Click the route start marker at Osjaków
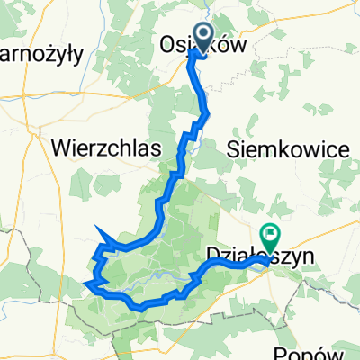tap(200, 38)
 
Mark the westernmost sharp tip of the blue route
tap(84, 287)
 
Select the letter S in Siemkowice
tap(237, 148)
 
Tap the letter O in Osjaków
tap(168, 45)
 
